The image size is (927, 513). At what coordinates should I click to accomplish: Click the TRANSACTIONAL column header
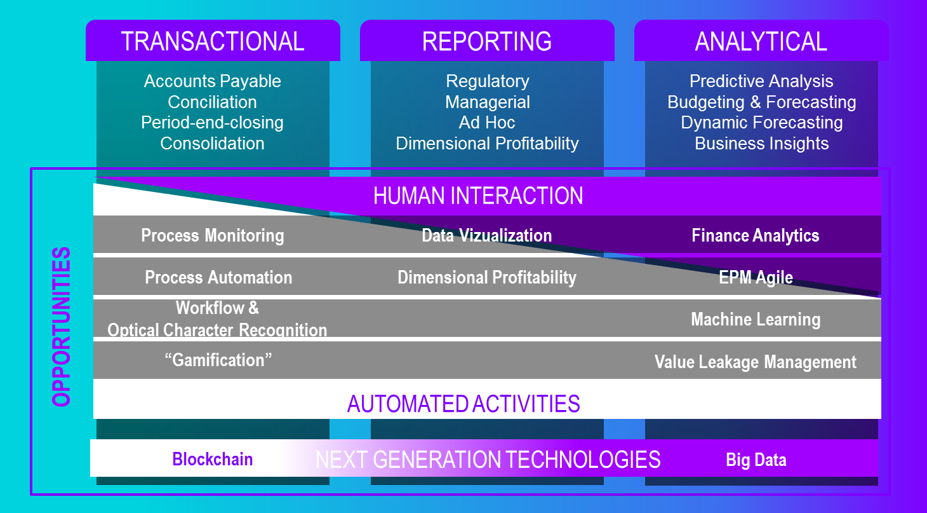point(213,41)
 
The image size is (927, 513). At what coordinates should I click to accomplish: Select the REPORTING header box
point(487,41)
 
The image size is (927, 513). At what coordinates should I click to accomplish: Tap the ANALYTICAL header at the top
point(761,41)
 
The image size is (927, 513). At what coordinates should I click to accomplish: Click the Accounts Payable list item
point(213,81)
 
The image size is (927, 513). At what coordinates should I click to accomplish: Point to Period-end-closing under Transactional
point(213,123)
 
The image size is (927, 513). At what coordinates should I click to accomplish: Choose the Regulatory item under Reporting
point(487,81)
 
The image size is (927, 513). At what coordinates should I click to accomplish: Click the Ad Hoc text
point(487,123)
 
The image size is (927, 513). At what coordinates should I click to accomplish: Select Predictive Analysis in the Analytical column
point(761,81)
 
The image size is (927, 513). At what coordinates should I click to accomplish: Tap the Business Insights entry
point(761,144)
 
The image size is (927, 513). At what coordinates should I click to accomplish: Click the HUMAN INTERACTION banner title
point(478,196)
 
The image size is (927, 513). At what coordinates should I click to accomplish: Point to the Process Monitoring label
point(213,236)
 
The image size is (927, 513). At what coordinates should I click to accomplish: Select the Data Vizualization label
point(487,236)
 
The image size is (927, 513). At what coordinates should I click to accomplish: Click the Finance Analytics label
point(756,236)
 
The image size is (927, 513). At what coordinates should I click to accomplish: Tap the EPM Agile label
point(756,277)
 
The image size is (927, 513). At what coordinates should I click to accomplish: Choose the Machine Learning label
point(756,319)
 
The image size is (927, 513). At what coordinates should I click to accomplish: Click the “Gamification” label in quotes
point(218,360)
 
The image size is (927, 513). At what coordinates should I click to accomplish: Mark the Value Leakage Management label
point(756,362)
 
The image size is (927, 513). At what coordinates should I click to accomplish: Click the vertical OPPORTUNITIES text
point(62,327)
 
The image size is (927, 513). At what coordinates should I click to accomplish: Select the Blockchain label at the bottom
point(213,459)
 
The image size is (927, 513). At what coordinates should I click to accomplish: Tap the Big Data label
point(756,460)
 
